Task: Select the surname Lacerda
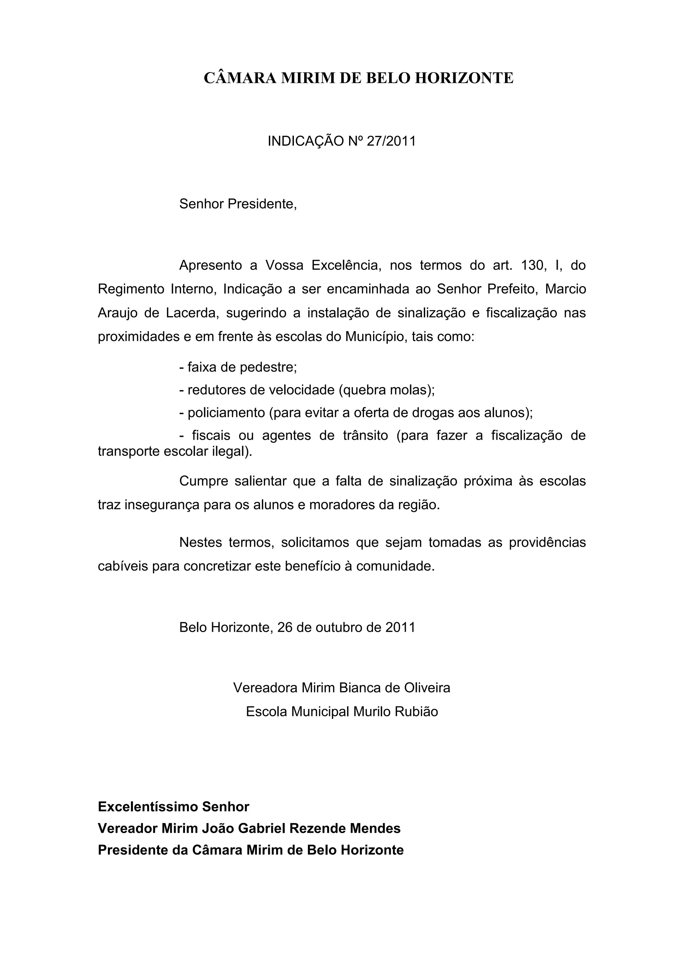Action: point(192,313)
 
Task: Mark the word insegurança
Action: point(162,505)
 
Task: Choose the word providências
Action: point(547,543)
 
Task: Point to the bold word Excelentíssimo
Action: point(148,806)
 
